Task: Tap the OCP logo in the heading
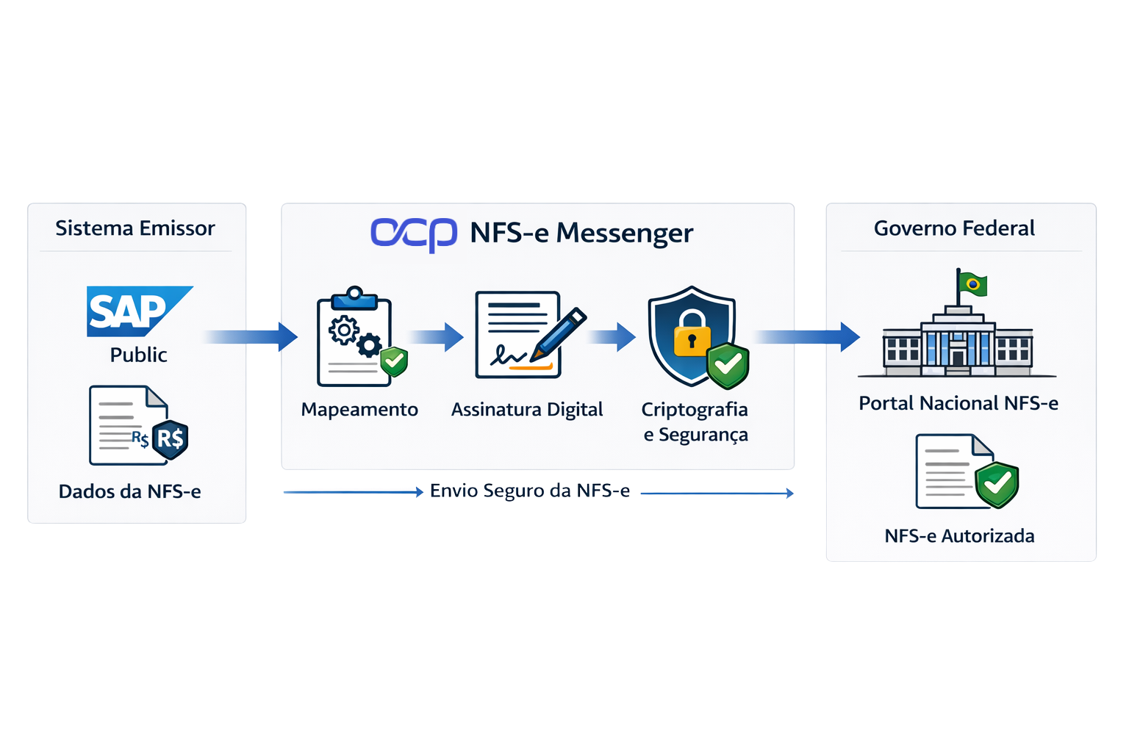tap(414, 234)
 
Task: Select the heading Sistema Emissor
tap(135, 228)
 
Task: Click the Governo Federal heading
tap(954, 228)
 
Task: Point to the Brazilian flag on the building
tap(973, 284)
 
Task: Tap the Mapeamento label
tap(359, 409)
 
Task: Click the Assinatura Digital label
tap(527, 409)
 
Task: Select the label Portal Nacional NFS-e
tap(958, 403)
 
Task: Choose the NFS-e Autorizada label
tap(959, 536)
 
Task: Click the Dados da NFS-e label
tap(130, 491)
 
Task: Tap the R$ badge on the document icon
tap(171, 439)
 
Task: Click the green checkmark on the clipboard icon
tap(394, 361)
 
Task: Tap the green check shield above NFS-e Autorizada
tap(997, 484)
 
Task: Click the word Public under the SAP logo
tap(139, 355)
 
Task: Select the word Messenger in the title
tap(625, 234)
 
